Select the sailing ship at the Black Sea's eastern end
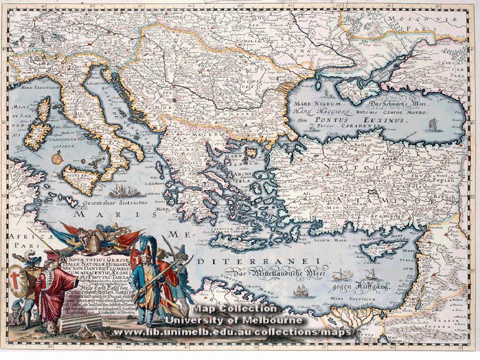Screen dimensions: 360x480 [x=433, y=124]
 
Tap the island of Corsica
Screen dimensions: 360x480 [x=44, y=109]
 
